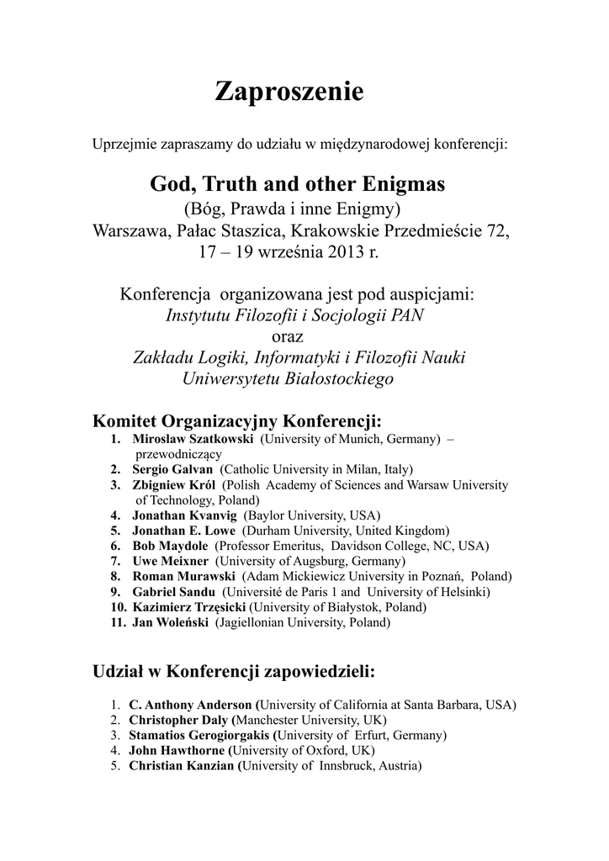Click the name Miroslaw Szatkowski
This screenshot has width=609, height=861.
coord(193,440)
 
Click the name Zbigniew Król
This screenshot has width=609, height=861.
coord(174,485)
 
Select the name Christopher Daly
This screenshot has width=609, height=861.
coord(178,721)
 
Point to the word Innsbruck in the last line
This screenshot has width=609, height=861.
coord(346,766)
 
